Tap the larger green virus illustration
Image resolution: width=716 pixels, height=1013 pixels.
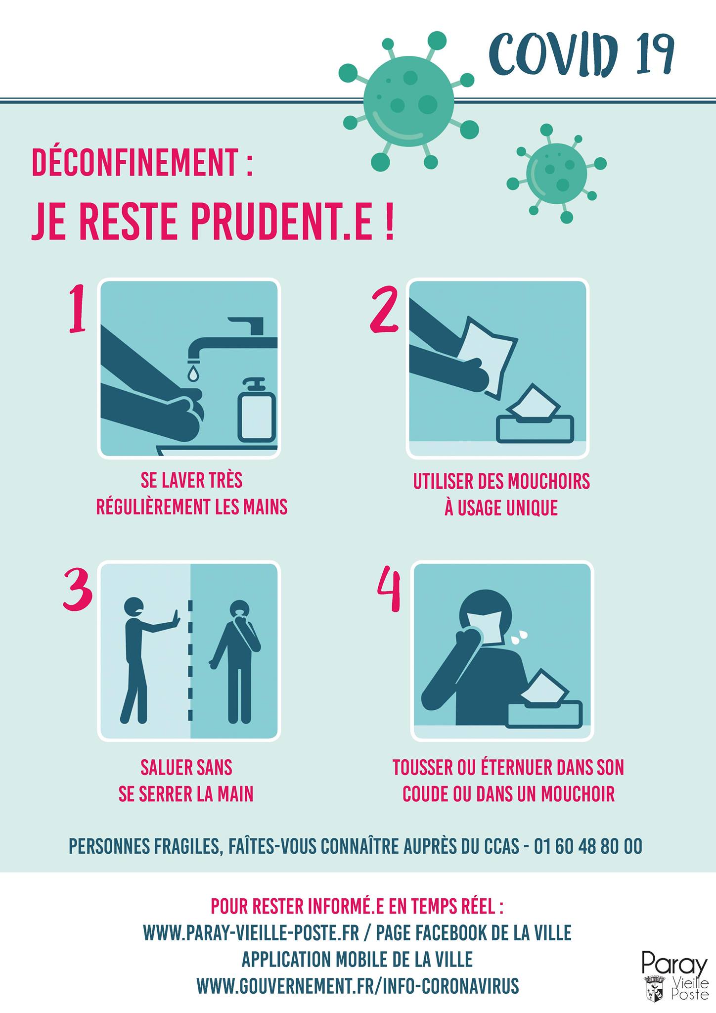coord(408,101)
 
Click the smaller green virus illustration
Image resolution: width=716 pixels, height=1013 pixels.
coord(556,173)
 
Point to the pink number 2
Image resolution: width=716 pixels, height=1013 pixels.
coord(384,310)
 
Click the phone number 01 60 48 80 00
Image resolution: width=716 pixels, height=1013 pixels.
coord(588,846)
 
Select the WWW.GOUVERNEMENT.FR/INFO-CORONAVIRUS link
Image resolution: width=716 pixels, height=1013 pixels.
coord(358,986)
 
